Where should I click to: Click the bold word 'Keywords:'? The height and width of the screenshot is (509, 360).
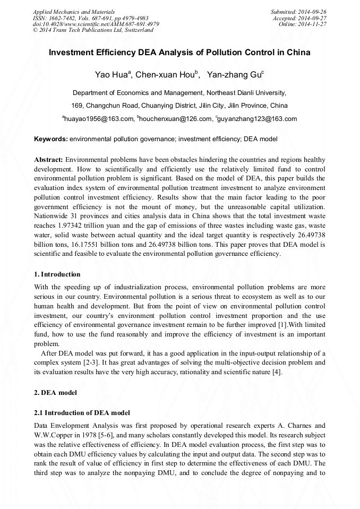click(50, 139)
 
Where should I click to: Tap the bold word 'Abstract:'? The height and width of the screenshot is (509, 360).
click(49, 159)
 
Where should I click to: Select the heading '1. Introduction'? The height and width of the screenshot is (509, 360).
click(57, 274)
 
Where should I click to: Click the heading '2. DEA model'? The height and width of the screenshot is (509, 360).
click(56, 393)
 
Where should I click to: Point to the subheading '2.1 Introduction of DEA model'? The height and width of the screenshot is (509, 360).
click(82, 412)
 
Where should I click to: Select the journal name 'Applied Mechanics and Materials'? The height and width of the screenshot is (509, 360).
click(74, 12)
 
